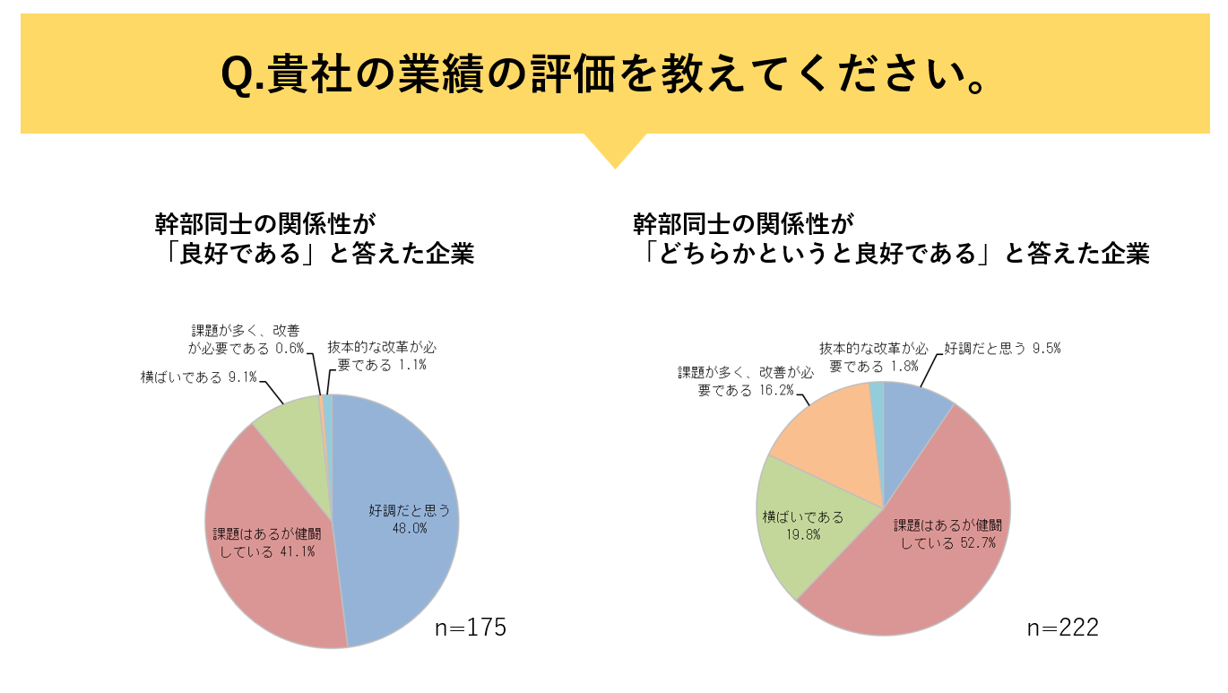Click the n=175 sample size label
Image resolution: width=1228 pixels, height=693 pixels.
tap(471, 628)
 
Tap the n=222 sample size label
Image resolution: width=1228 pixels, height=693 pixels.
tap(1062, 628)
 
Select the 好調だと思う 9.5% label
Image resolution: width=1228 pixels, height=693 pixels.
tap(1001, 349)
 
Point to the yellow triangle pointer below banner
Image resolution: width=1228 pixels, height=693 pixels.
tap(615, 149)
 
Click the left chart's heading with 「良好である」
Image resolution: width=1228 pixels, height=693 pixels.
tap(314, 238)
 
